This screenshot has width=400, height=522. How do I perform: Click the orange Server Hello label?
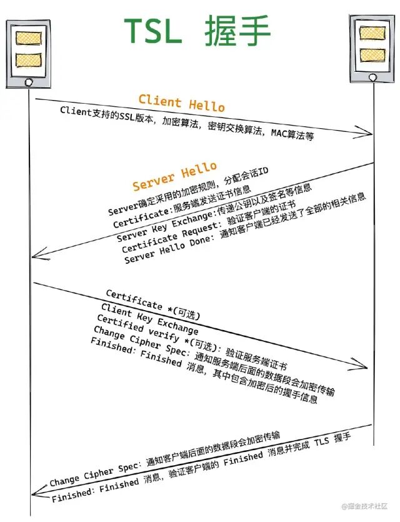174,176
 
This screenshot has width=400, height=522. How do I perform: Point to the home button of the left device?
27,82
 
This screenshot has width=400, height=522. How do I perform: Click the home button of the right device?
373,77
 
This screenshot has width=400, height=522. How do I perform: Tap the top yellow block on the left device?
28,38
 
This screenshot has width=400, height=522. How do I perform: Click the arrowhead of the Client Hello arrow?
369,133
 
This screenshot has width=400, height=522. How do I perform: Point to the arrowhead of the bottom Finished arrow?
36,494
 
